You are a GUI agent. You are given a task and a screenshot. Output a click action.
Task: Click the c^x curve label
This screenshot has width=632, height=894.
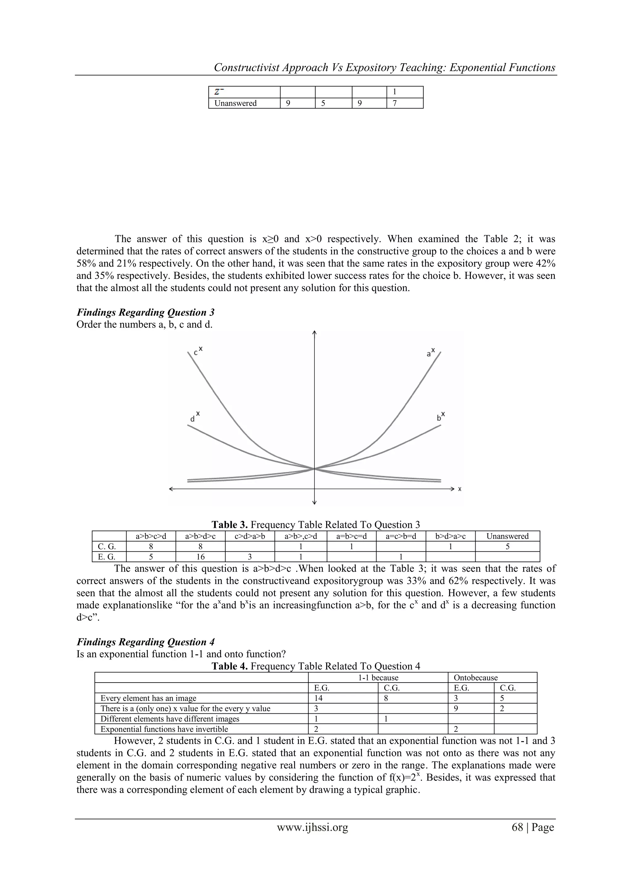198,352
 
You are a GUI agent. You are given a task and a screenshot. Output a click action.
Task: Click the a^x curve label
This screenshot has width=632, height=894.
430,352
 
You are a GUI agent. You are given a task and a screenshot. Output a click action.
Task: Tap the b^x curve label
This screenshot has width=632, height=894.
441,417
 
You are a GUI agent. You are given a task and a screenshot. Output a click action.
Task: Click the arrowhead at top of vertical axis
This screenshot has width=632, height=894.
314,333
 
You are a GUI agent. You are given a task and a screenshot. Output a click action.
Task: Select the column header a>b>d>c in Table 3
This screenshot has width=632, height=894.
200,536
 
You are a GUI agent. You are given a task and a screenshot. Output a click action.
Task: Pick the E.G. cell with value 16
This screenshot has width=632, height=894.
200,557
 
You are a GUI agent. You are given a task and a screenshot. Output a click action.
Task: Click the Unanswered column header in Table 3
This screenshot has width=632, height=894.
507,536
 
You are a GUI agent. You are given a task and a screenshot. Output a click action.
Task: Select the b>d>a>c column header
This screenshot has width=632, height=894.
450,536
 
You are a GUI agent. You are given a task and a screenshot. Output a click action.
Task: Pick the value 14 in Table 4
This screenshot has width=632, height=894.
318,698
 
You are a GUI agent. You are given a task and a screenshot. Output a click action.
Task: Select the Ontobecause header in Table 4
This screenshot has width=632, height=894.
476,678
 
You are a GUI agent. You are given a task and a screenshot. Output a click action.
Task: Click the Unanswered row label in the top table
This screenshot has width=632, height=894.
235,103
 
